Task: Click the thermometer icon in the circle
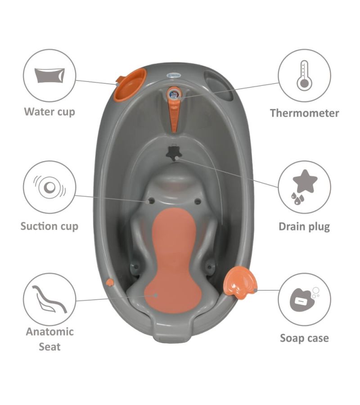tap(304, 76)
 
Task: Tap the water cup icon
tap(49, 76)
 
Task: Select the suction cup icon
tap(49, 187)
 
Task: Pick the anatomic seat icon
tap(49, 299)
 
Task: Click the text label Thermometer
tap(305, 113)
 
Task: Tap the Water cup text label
tap(49, 112)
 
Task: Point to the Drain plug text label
tap(304, 227)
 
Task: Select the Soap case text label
tap(305, 338)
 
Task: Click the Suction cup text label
tap(49, 226)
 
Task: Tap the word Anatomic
tap(49, 332)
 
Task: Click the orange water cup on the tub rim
tap(130, 84)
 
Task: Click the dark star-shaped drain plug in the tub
tap(174, 153)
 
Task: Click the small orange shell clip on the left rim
tap(110, 282)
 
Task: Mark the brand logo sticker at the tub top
tap(174, 75)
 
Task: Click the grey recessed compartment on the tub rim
tap(219, 85)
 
